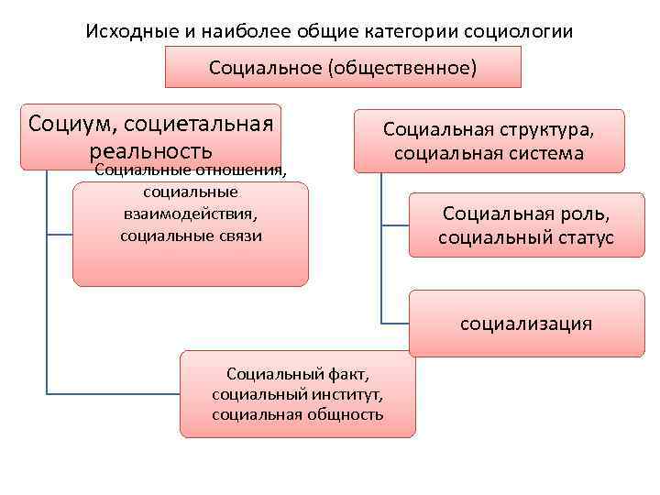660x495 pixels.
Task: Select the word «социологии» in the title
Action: [x=522, y=30]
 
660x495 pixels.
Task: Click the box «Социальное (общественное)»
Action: [x=343, y=68]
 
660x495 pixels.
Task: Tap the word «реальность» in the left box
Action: [x=151, y=149]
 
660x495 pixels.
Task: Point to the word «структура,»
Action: [x=549, y=129]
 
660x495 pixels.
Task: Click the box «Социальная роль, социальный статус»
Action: [x=525, y=226]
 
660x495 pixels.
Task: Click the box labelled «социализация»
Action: [x=525, y=324]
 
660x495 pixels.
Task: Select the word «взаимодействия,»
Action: [x=191, y=214]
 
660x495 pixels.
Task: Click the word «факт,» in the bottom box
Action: [x=349, y=373]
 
